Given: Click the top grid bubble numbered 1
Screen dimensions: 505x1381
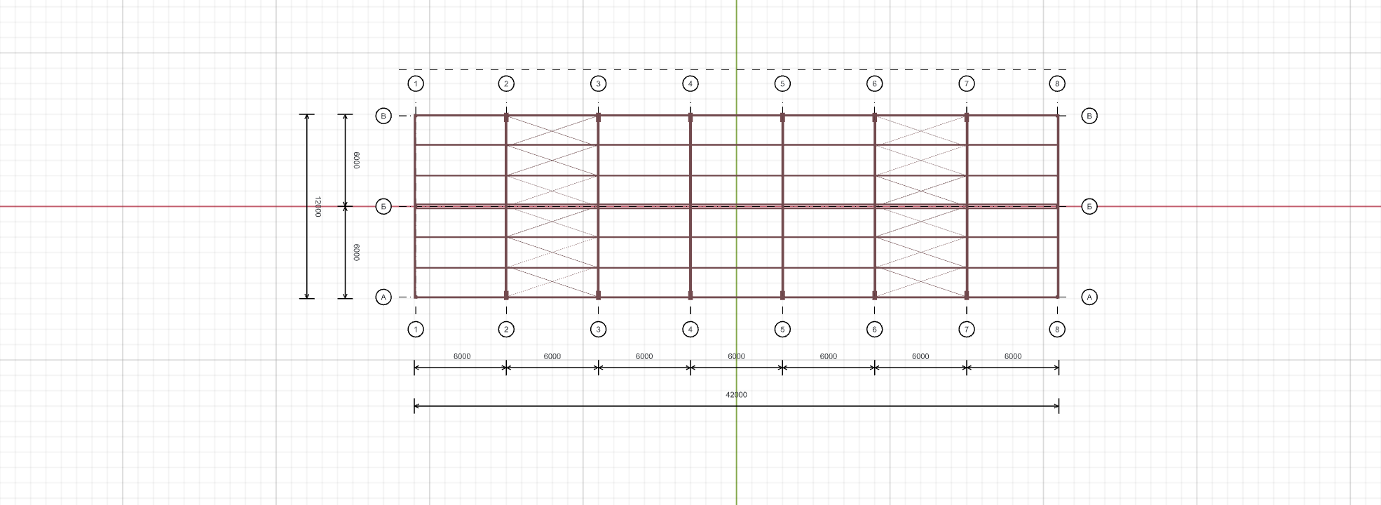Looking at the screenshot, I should tap(416, 84).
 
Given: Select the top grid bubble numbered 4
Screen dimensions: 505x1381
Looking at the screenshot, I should tap(690, 84).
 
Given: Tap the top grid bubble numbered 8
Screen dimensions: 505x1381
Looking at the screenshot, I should tap(1057, 84).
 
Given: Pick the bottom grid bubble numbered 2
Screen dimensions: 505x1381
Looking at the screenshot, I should tap(506, 329).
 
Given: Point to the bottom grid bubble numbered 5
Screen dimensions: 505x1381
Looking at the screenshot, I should tap(782, 329).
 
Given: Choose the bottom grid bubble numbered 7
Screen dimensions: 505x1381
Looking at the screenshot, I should tap(967, 329).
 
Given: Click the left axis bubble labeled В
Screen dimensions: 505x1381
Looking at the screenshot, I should tap(383, 116).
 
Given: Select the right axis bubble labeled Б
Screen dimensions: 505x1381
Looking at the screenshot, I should tap(1089, 207).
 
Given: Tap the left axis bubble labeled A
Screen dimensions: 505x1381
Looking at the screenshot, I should tap(383, 297).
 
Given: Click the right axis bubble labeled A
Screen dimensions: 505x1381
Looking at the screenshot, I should tap(1089, 297).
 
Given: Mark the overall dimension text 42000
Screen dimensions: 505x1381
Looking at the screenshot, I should tap(736, 395).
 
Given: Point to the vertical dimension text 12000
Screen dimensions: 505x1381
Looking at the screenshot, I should tap(318, 207).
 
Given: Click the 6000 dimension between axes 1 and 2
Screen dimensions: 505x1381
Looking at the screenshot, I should tap(462, 356).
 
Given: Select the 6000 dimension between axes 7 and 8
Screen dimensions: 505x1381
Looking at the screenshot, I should tap(1013, 356).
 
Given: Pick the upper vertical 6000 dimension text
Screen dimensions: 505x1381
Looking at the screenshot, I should tap(356, 160).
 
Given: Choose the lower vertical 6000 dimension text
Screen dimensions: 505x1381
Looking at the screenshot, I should tap(356, 252).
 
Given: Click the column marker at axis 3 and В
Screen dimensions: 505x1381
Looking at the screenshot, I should tap(598, 118).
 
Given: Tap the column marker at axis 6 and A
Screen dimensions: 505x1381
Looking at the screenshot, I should tap(874, 295).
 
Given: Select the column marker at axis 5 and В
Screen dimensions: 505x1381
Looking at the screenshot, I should tap(782, 118).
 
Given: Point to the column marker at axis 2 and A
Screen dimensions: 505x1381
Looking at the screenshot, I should tap(506, 295).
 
